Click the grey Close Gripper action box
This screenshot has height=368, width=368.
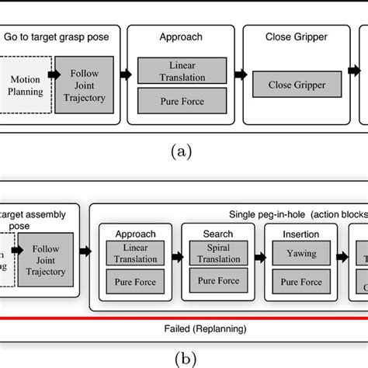(x=296, y=85)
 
